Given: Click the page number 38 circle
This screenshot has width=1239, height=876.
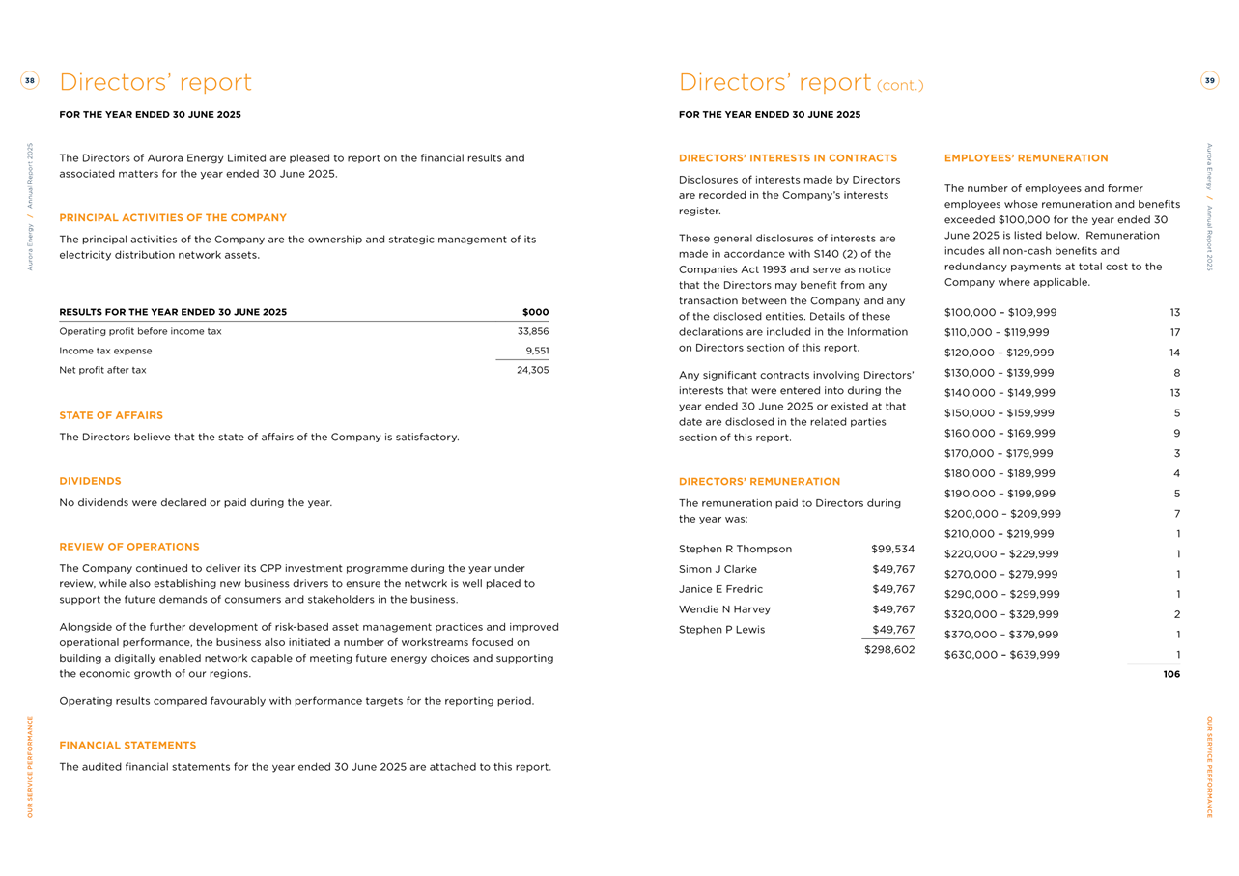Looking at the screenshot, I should (30, 81).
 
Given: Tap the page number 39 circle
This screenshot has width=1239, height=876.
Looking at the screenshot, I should (1209, 81).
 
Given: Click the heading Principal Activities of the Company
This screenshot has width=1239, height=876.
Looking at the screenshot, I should (173, 218).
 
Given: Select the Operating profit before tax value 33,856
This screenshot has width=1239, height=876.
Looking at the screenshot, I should (533, 331).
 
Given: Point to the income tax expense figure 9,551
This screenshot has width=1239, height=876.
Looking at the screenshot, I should (537, 351).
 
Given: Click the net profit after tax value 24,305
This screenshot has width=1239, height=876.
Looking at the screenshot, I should (533, 370).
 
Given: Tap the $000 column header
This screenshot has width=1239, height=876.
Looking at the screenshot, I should (535, 312).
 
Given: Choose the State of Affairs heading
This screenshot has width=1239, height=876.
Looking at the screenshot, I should (111, 415).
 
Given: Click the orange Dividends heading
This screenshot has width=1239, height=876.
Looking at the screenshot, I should (90, 481).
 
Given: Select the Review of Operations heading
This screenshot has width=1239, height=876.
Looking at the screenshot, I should (129, 547).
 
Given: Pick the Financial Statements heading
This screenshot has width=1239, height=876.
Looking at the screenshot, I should (127, 746).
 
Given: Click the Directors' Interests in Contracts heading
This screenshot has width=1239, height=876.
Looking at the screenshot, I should (788, 158).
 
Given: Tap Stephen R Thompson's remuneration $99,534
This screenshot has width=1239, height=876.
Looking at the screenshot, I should (892, 549).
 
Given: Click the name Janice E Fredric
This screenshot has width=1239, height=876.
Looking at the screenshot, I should (720, 589).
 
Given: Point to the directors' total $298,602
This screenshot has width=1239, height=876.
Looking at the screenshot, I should (889, 650).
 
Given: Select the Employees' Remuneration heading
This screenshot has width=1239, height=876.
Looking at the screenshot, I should (1026, 158).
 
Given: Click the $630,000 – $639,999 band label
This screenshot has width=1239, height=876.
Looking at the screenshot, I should (1001, 655).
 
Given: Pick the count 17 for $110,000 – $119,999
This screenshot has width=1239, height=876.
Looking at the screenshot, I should (1174, 332).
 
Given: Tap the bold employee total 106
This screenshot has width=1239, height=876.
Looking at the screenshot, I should (1171, 675).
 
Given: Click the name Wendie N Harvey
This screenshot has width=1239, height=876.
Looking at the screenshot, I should (724, 609).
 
